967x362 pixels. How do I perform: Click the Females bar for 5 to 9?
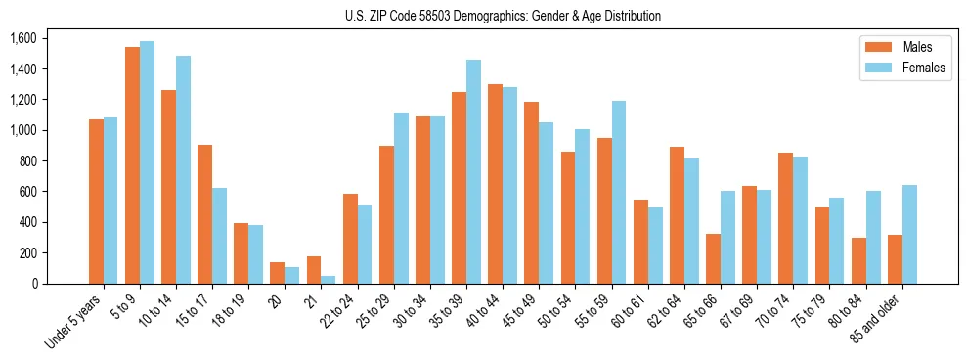click(x=148, y=162)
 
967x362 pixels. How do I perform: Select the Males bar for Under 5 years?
click(x=96, y=202)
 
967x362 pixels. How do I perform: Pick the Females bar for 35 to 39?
click(x=473, y=172)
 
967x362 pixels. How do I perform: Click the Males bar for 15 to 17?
click(x=204, y=214)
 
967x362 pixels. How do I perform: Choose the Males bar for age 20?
click(x=277, y=273)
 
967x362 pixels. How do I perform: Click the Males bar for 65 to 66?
click(x=713, y=259)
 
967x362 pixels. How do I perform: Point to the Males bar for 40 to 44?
click(x=495, y=184)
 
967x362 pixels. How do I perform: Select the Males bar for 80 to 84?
click(x=858, y=261)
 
